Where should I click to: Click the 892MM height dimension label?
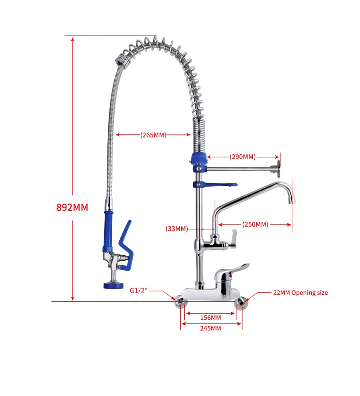point(72,207)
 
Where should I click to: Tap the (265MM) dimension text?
point(153,135)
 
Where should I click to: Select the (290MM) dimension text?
point(243,157)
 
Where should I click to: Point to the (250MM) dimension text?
point(255,224)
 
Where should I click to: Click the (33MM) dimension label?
point(177,229)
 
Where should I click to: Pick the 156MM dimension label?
point(210,318)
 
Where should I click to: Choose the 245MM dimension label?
point(210,328)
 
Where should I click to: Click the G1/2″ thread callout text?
point(138,291)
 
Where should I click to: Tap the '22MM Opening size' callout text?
point(300,293)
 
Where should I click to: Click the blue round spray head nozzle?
point(114,286)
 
